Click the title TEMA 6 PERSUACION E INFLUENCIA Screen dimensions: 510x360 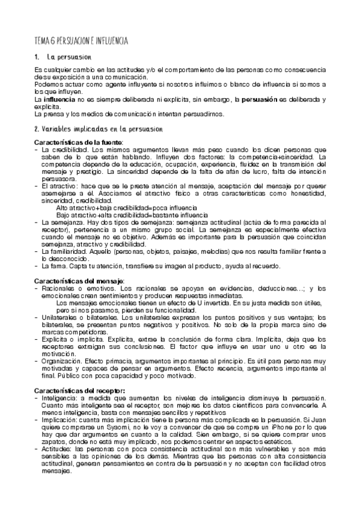click(x=81, y=40)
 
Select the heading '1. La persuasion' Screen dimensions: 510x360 click(x=63, y=58)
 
